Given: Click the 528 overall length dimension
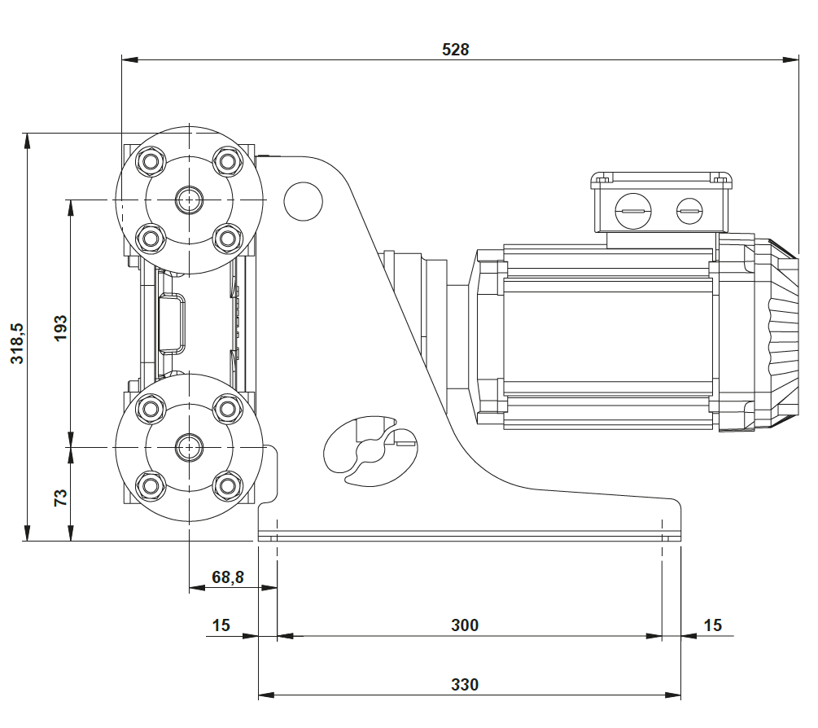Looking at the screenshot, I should [x=455, y=49].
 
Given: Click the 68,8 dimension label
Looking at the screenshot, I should [x=228, y=577].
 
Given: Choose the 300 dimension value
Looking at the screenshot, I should [x=465, y=625].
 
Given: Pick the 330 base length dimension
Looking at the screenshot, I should [x=465, y=684].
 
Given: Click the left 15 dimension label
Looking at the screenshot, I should [x=221, y=625].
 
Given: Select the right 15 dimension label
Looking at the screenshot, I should [x=712, y=625].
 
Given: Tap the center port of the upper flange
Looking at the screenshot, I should [x=190, y=199].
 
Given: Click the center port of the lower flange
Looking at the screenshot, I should [x=190, y=446].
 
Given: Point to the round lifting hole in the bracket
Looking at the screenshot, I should [x=303, y=200].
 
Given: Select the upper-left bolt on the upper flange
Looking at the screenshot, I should [x=150, y=160].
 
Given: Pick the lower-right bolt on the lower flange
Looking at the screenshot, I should [x=227, y=486].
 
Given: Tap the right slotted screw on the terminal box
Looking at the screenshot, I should [x=689, y=213].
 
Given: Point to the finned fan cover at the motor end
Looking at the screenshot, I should [x=777, y=334].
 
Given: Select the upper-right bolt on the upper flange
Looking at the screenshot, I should [x=227, y=160].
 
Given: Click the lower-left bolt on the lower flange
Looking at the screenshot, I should [x=150, y=486].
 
